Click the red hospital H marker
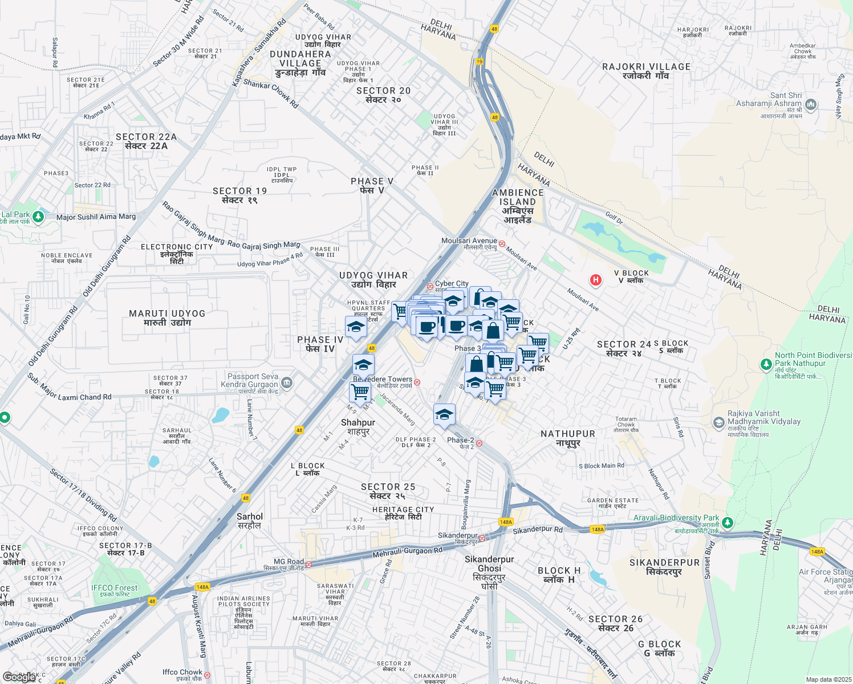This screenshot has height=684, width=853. [596, 280]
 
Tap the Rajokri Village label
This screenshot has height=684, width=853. [646, 71]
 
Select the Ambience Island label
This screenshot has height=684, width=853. [518, 206]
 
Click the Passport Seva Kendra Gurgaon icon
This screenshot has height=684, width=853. [287, 383]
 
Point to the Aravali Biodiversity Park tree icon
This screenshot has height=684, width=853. [727, 522]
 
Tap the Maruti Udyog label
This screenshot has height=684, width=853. [167, 318]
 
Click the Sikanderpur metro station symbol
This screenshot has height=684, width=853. [482, 538]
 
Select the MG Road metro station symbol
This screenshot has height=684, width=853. [308, 564]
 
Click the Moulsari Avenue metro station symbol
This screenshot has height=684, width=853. [502, 243]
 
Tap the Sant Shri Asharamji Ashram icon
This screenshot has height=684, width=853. [811, 105]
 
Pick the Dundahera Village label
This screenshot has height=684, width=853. [300, 63]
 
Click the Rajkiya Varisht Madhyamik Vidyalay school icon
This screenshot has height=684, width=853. [718, 422]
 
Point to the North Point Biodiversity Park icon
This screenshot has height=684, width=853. [766, 364]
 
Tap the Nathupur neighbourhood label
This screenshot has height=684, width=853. [568, 438]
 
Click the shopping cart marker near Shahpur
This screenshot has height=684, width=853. [360, 392]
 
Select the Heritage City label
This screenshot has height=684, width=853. [403, 513]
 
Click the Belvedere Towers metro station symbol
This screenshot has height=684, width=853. [417, 382]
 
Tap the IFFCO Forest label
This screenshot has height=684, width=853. [115, 591]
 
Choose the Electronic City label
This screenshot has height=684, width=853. [177, 254]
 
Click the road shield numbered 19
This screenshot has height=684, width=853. [480, 62]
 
